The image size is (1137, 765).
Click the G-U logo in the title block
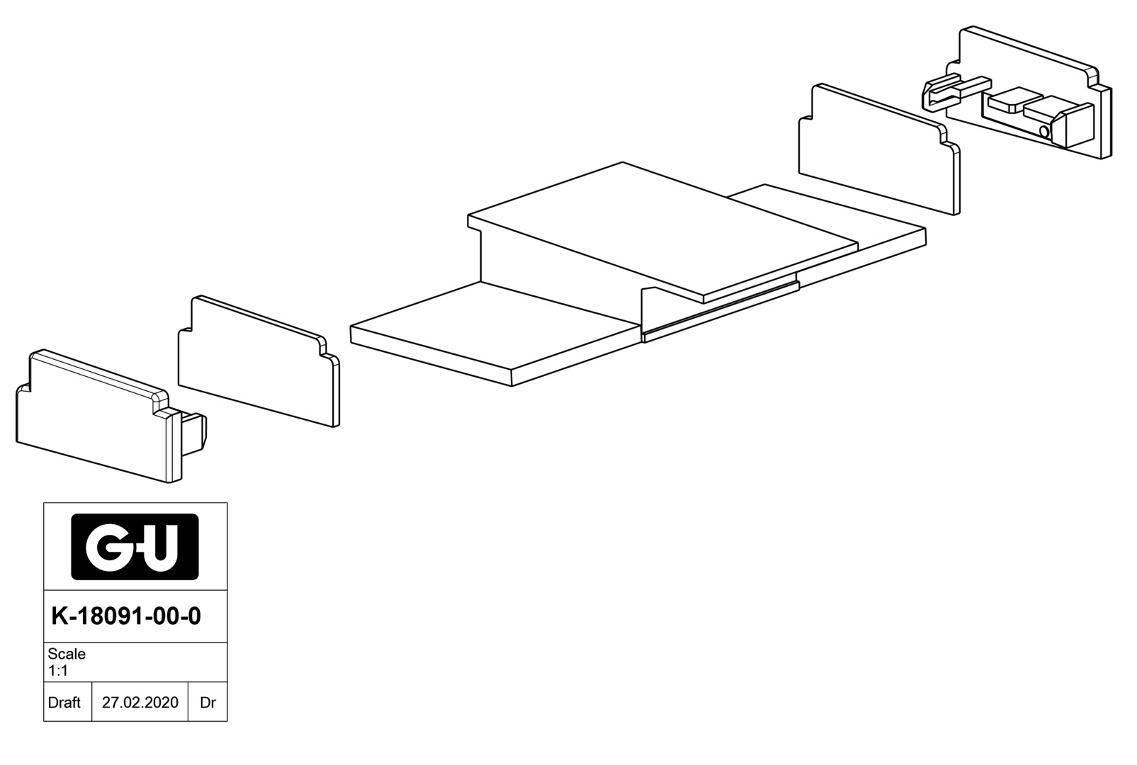pyautogui.click(x=135, y=547)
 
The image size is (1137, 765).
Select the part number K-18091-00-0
pyautogui.click(x=126, y=616)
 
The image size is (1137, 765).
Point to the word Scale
pyautogui.click(x=67, y=654)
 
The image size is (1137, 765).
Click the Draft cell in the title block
pyautogui.click(x=64, y=703)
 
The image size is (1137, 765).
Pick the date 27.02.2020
pyautogui.click(x=140, y=703)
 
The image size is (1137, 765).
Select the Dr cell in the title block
pyautogui.click(x=208, y=703)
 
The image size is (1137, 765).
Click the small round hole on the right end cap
pyautogui.click(x=1043, y=132)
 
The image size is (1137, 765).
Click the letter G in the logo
pyautogui.click(x=104, y=547)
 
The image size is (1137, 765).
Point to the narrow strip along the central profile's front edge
pyautogui.click(x=719, y=312)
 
